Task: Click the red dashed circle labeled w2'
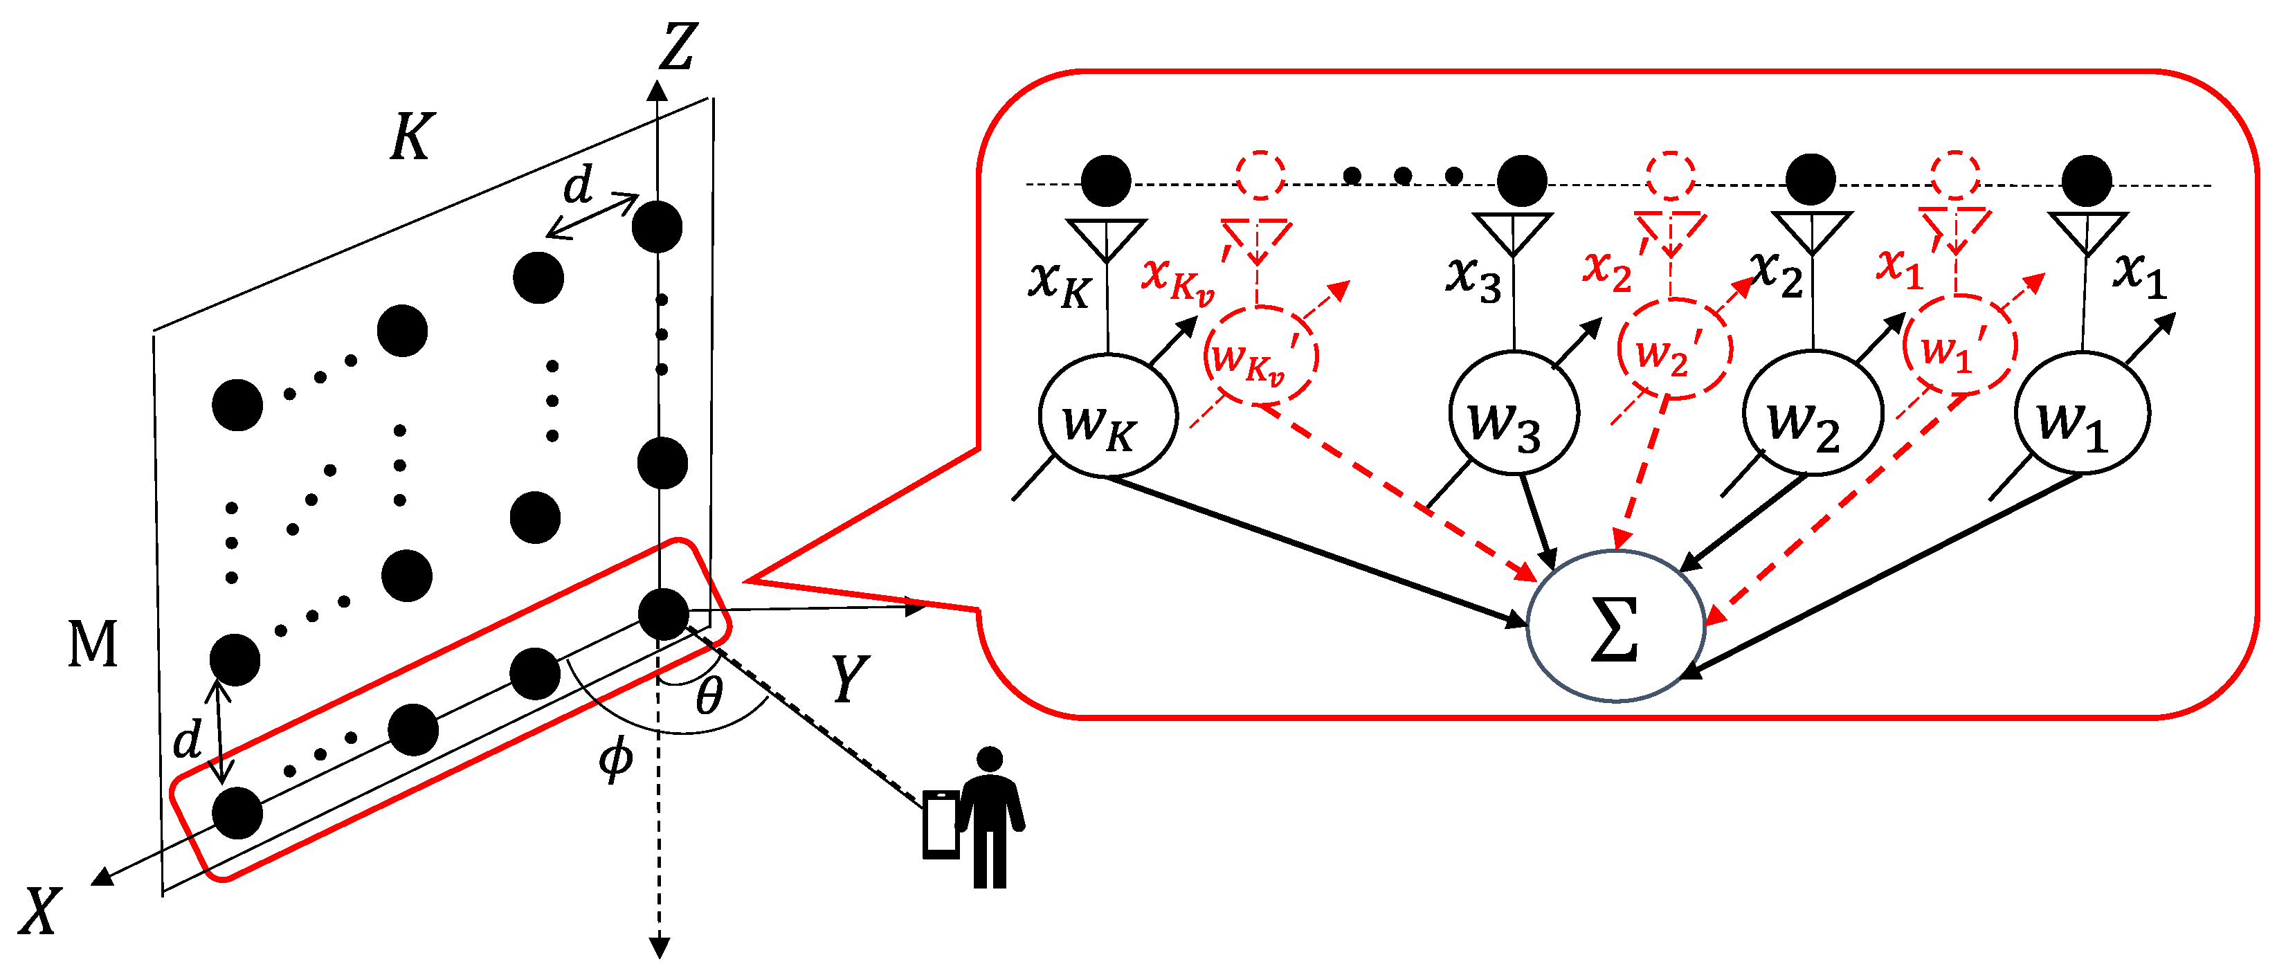tap(1673, 349)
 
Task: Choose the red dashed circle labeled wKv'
tap(1260, 356)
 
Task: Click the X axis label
tap(39, 911)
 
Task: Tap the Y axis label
tap(851, 679)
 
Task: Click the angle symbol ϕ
tap(615, 758)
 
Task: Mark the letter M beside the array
tap(92, 644)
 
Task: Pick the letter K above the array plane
tap(411, 137)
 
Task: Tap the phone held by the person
tap(941, 824)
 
